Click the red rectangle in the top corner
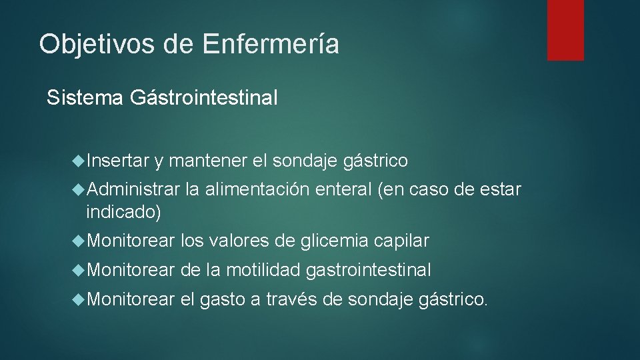click(565, 30)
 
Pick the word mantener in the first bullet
click(209, 161)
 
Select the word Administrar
click(133, 190)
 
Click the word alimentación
click(257, 190)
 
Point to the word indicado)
click(123, 212)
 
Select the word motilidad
click(264, 270)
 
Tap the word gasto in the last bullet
click(223, 300)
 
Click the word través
click(291, 299)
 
